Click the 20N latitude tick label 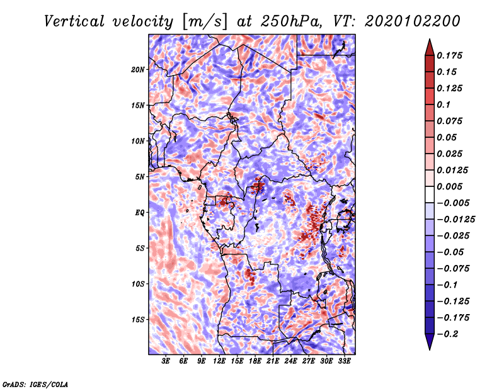coord(137,69)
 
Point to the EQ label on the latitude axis coord(139,212)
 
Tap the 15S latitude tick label coord(137,320)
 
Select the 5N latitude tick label coord(140,177)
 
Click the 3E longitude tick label coord(166,361)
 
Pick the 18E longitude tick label coord(255,361)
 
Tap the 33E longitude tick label coord(344,361)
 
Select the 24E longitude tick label coord(290,361)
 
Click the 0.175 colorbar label coord(449,55)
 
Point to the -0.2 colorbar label coord(447,334)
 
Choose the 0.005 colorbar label coord(449,186)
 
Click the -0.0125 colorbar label coord(455,220)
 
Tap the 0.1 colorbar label coord(444,104)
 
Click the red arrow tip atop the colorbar coord(430,39)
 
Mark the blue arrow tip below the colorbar coord(430,349)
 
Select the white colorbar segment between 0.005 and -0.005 coord(430,194)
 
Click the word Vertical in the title coord(74,21)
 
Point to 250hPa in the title coord(291,21)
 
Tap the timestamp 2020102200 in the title coord(413,21)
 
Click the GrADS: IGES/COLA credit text coord(35,384)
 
